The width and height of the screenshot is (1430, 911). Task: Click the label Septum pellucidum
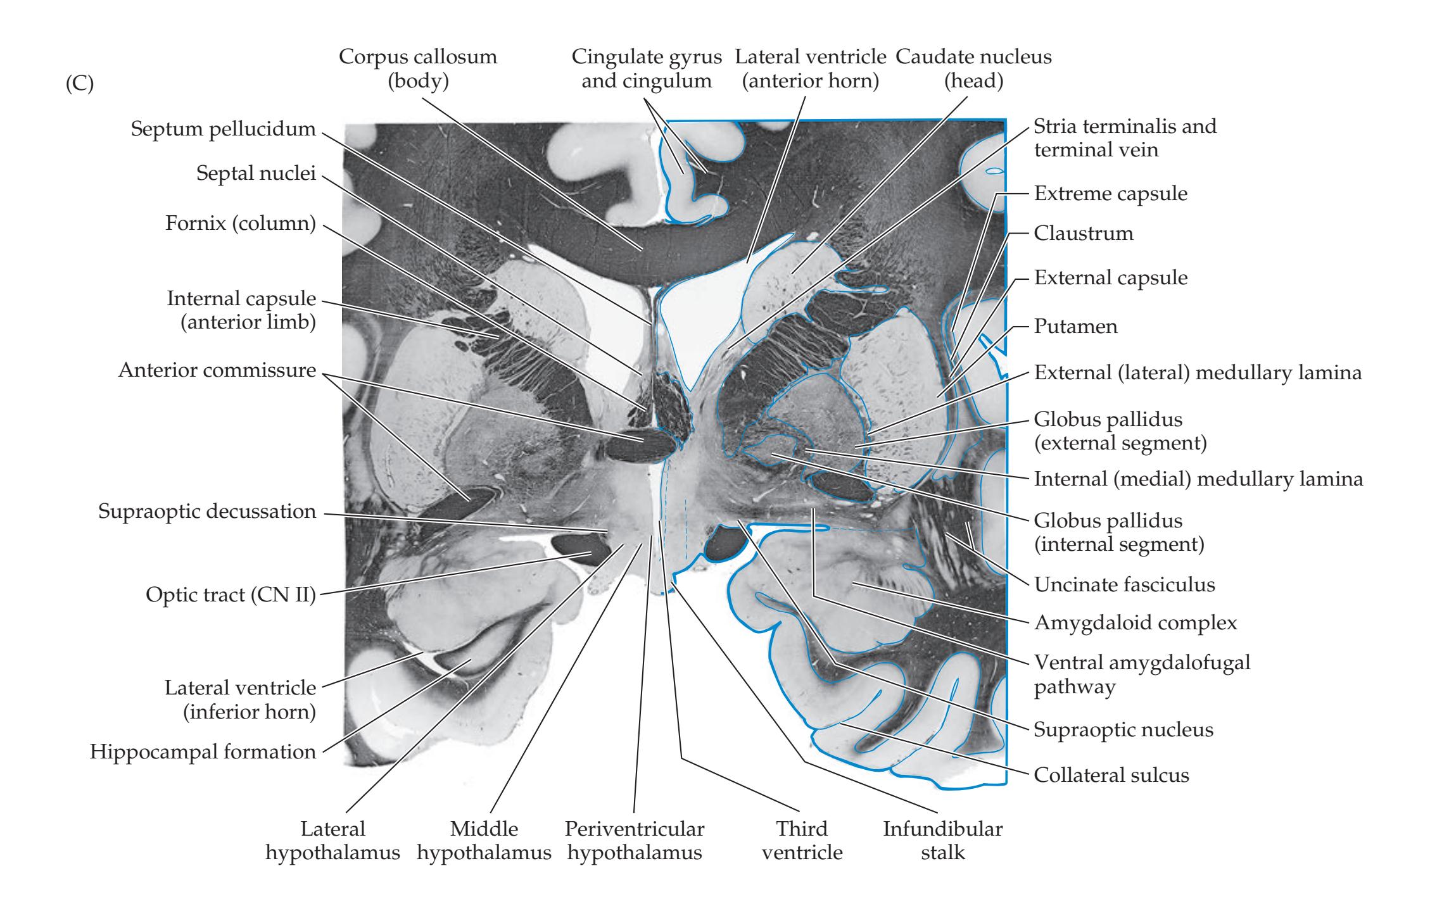(x=223, y=129)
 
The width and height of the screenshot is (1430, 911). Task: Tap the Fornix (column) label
(x=240, y=224)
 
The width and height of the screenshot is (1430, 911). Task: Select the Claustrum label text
(x=1083, y=234)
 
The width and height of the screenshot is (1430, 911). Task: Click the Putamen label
(x=1075, y=327)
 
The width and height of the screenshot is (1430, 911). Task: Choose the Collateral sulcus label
(x=1111, y=775)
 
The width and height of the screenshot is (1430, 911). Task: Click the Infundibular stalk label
(x=942, y=840)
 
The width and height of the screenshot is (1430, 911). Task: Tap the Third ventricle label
(x=802, y=840)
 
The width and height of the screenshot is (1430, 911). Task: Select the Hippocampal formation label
(x=203, y=752)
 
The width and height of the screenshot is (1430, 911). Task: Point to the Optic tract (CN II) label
(x=231, y=595)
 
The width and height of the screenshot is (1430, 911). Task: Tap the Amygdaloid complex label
(x=1135, y=623)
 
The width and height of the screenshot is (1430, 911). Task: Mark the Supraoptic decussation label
(x=206, y=512)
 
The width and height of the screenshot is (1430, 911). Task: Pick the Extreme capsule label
(x=1110, y=194)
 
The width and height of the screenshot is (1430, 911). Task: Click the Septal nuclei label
(x=256, y=173)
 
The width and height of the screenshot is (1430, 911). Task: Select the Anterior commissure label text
(x=217, y=370)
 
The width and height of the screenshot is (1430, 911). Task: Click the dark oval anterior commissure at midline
(x=640, y=447)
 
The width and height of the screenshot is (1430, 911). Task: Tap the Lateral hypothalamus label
(x=332, y=840)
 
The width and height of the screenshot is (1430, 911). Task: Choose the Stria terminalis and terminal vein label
(x=1125, y=138)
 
